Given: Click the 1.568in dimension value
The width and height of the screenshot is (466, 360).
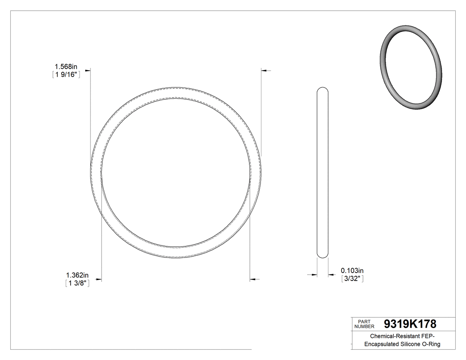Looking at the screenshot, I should point(66,67).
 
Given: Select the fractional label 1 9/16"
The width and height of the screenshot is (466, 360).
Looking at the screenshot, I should point(66,75).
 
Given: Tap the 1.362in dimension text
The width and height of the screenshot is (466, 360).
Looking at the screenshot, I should point(78,275).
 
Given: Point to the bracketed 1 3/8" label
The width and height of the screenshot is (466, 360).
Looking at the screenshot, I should point(78,283).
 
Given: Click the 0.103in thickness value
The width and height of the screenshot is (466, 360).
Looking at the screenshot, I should point(352,270).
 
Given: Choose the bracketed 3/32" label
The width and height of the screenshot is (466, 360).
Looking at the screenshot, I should point(352,279).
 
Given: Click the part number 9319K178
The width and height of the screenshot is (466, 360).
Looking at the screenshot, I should point(410,324).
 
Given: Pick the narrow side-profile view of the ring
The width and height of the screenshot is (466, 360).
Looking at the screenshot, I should point(323,172).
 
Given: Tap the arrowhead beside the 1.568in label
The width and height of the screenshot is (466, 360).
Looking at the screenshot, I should point(88,70).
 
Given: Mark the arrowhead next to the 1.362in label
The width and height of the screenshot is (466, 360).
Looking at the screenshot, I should point(99,280).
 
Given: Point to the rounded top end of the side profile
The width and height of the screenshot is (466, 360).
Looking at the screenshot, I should point(323,90).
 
